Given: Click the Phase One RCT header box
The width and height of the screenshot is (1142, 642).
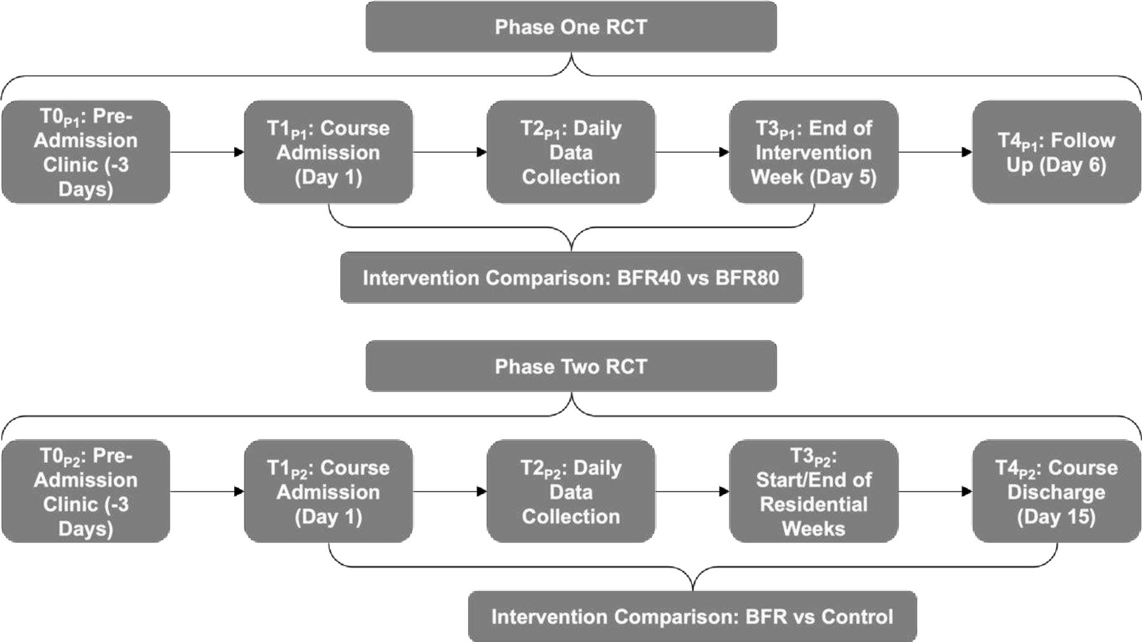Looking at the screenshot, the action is click(571, 27).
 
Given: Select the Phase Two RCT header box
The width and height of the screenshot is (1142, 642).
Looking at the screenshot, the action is click(571, 366).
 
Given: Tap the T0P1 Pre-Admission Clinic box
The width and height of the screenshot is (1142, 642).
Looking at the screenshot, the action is click(86, 152).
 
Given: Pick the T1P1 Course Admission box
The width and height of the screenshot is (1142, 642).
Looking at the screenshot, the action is click(329, 152).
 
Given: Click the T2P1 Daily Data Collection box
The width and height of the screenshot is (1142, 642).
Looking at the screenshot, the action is click(571, 152).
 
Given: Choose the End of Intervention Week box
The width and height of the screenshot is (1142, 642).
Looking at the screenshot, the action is click(814, 152).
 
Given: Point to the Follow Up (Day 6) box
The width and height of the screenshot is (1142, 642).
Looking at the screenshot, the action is click(1056, 152).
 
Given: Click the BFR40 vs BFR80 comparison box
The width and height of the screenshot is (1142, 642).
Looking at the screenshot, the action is click(571, 277).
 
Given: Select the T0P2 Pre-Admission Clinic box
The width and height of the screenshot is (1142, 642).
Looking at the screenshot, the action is click(86, 491).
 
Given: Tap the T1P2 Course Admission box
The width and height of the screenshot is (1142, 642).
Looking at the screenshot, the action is click(329, 491).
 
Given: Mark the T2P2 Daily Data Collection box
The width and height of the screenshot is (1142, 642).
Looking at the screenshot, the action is click(571, 491).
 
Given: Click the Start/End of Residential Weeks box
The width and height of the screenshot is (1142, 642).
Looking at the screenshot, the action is click(814, 491).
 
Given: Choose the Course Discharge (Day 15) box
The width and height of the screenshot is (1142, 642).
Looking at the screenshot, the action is click(1056, 491).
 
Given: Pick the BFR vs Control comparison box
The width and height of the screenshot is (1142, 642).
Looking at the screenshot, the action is click(692, 616).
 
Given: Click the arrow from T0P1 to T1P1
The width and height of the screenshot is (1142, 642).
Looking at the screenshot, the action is click(207, 152).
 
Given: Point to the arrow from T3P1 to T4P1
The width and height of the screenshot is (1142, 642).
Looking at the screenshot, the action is click(935, 152).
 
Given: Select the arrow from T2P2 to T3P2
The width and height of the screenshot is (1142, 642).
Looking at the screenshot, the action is click(693, 492).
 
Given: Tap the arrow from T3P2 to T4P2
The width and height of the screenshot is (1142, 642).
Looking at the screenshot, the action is click(935, 492).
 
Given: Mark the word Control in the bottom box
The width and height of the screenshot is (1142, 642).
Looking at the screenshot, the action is click(856, 617).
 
